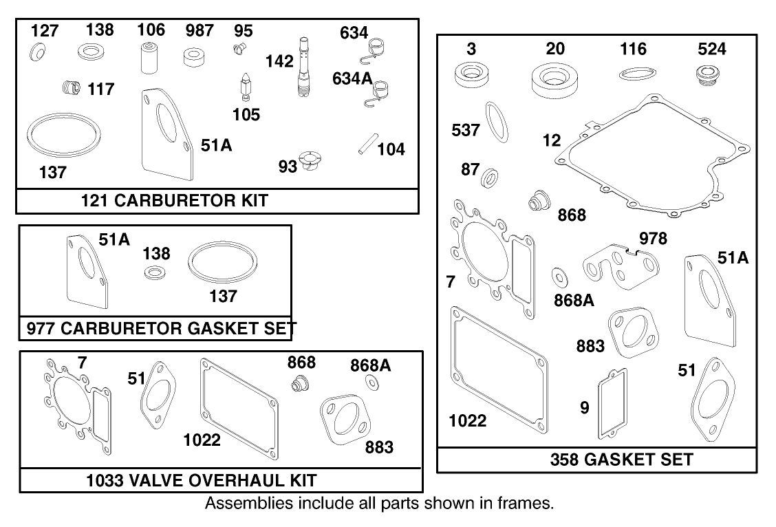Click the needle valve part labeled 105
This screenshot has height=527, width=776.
pyautogui.click(x=244, y=87)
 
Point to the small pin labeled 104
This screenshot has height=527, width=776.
pyautogui.click(x=365, y=147)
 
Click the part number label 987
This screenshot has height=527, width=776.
pyautogui.click(x=199, y=31)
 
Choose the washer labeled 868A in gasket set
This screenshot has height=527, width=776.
pyautogui.click(x=559, y=276)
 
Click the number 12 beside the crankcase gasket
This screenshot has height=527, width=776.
pyautogui.click(x=552, y=141)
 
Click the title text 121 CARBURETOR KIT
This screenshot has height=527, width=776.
pyautogui.click(x=175, y=201)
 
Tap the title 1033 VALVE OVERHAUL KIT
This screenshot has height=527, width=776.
pyautogui.click(x=202, y=479)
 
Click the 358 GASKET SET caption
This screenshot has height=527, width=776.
pyautogui.click(x=621, y=460)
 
